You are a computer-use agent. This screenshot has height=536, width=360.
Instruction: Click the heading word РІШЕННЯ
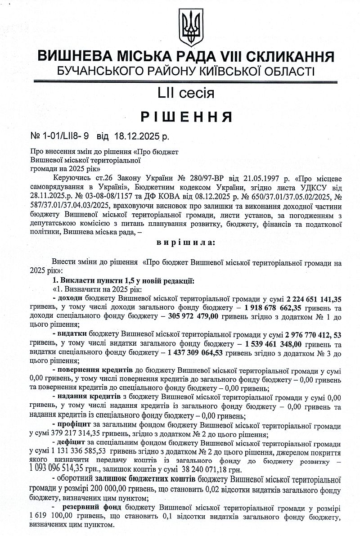pyautogui.click(x=186, y=117)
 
